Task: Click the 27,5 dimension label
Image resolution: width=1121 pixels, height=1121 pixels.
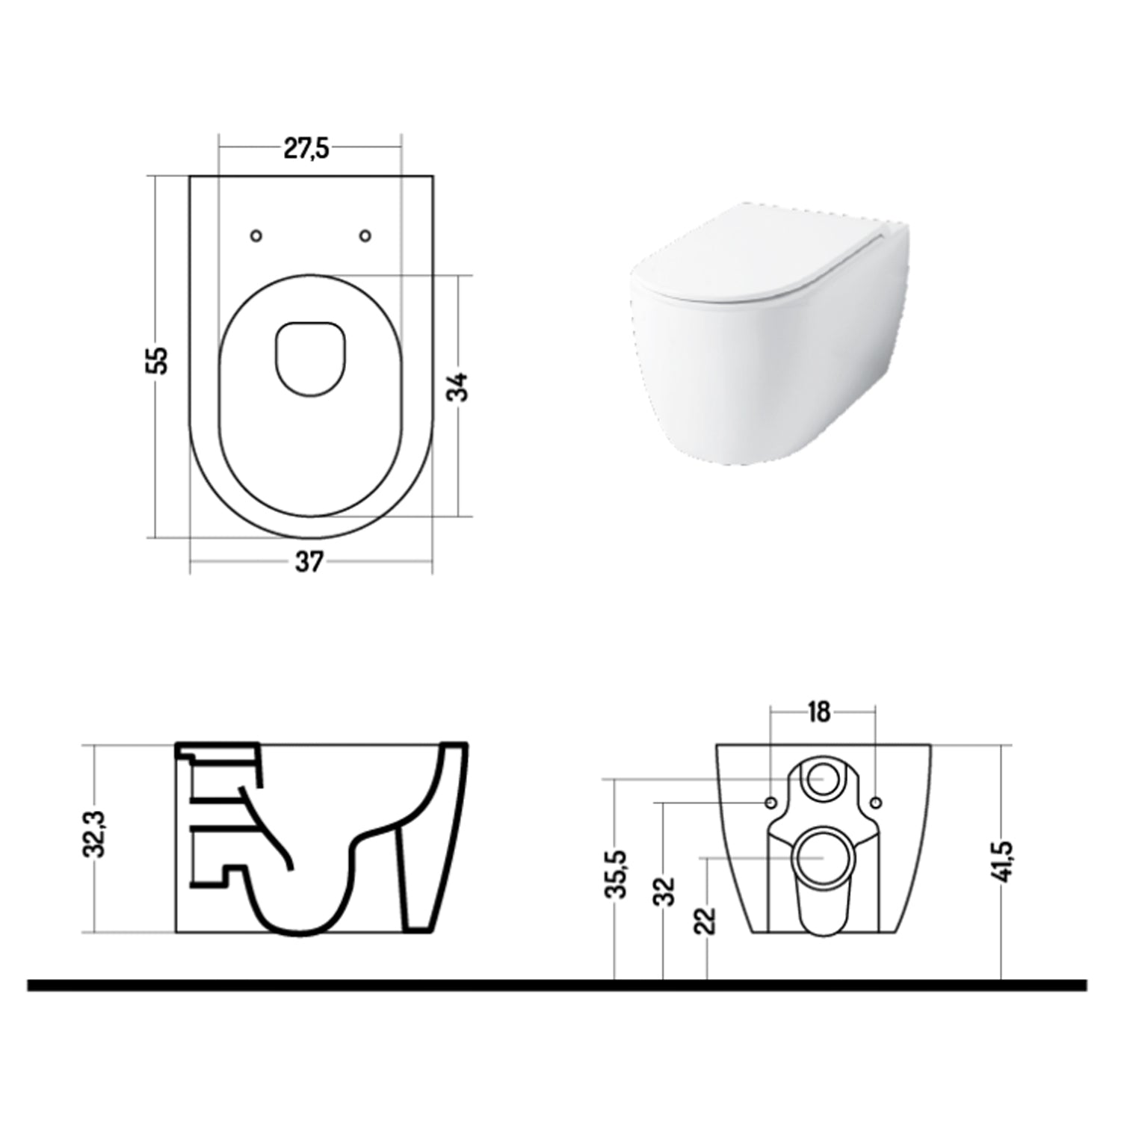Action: (x=306, y=149)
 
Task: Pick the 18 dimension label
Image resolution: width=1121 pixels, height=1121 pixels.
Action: (x=820, y=712)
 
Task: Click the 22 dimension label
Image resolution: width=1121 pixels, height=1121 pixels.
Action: (x=706, y=919)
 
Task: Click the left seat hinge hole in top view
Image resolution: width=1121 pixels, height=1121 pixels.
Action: (x=256, y=235)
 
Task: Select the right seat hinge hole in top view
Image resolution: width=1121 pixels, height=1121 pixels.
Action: (x=365, y=235)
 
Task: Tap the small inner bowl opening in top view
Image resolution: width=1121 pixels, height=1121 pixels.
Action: (x=311, y=357)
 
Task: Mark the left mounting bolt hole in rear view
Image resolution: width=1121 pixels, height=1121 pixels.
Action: (x=770, y=802)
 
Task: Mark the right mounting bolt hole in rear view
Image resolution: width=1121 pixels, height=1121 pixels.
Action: (x=876, y=802)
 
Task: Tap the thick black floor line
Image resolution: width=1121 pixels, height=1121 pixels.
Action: (x=557, y=986)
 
